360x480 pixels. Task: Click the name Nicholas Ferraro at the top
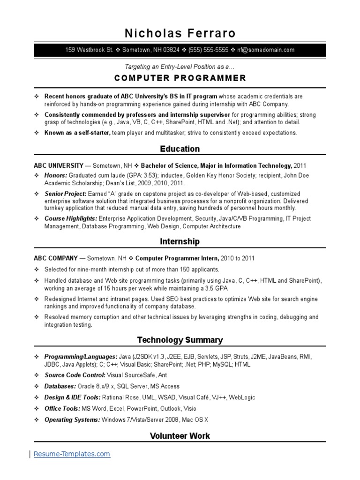[x=180, y=33]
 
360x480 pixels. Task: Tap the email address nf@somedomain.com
[x=266, y=50]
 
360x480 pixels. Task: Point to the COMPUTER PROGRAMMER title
[x=180, y=78]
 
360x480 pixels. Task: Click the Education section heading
[x=180, y=149]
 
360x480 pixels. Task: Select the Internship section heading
[x=180, y=242]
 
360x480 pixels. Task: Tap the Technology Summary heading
[x=180, y=340]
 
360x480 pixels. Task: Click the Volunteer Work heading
[x=180, y=436]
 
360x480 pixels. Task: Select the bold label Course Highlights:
[x=71, y=218]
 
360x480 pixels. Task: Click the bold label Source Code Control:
[x=75, y=375]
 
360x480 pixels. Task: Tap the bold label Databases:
[x=60, y=386]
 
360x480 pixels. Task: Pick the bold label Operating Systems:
[x=72, y=420]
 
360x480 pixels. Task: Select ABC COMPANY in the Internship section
[x=55, y=258]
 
